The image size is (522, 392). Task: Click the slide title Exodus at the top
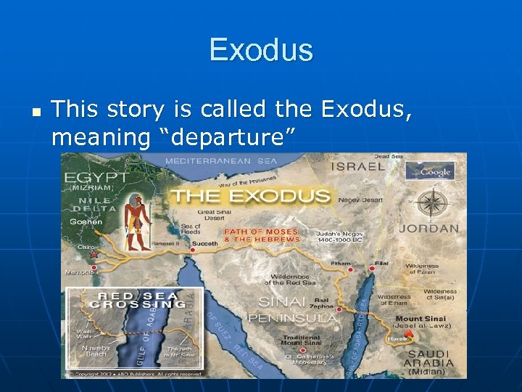(x=261, y=50)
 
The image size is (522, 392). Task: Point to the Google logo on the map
(x=430, y=171)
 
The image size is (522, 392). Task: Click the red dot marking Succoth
(x=193, y=250)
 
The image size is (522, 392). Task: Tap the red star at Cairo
(x=94, y=255)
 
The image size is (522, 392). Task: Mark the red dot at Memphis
(x=93, y=269)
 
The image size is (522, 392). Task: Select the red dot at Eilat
(x=372, y=269)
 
